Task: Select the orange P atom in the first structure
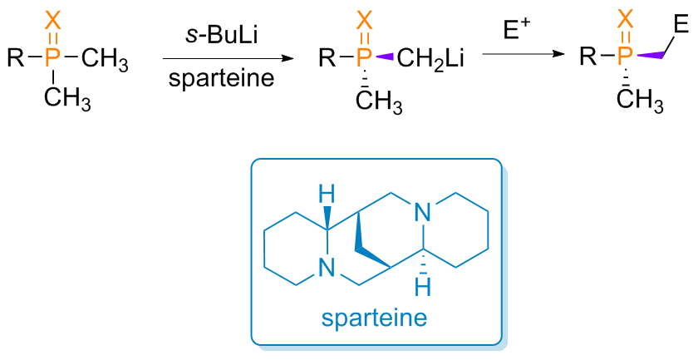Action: click(53, 58)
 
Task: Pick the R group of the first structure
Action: click(15, 58)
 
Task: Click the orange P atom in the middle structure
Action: click(363, 58)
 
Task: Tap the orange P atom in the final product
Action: click(627, 58)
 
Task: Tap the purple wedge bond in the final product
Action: click(653, 55)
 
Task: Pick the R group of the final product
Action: click(588, 58)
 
